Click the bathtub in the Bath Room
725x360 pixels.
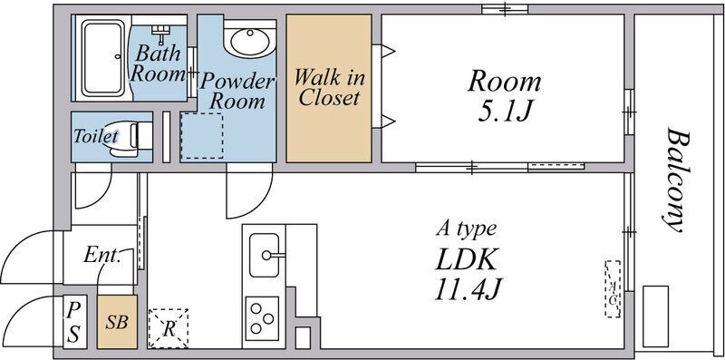pyautogui.click(x=103, y=58)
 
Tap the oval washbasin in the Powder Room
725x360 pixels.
pyautogui.click(x=250, y=41)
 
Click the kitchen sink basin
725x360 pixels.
pyautogui.click(x=265, y=255)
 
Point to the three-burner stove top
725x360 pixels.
pyautogui.click(x=262, y=316)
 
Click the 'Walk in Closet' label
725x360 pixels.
pyautogui.click(x=329, y=87)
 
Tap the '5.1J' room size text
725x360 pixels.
pyautogui.click(x=503, y=111)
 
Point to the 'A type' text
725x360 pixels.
pyautogui.click(x=466, y=229)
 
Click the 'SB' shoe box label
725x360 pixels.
pyautogui.click(x=117, y=322)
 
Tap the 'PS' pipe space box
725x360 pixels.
pyautogui.click(x=73, y=322)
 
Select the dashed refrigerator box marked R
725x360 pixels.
pyautogui.click(x=168, y=328)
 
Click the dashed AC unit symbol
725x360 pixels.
pyautogui.click(x=613, y=288)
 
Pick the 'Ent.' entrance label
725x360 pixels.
pyautogui.click(x=102, y=255)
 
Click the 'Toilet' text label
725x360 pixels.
pyautogui.click(x=96, y=136)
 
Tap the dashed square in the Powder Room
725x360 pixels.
pyautogui.click(x=201, y=136)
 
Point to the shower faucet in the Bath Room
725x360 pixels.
pyautogui.click(x=161, y=33)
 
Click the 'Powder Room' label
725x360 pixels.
pyautogui.click(x=237, y=92)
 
